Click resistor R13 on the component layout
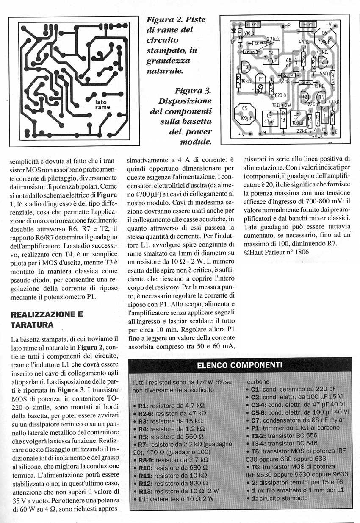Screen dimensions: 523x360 (282, 119)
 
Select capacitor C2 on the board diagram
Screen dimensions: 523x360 (296, 120)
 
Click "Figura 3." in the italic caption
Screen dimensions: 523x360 (193, 91)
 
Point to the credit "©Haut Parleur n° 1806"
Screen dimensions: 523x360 (276, 252)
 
